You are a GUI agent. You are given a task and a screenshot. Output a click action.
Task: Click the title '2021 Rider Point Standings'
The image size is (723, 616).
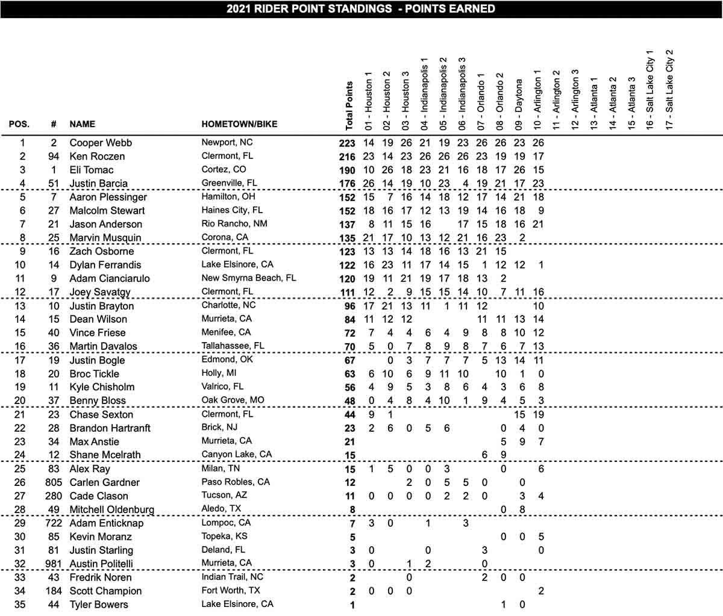[361, 8]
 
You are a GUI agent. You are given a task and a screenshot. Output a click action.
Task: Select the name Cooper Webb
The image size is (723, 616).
[100, 143]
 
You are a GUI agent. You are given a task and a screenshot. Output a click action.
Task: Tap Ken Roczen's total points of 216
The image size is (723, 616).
[348, 157]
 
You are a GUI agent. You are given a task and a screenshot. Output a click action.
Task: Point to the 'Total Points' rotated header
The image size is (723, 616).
[349, 105]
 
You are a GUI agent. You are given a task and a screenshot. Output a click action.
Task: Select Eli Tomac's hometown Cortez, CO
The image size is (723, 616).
[224, 169]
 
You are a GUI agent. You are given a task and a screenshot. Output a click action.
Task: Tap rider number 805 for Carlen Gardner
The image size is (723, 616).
[54, 482]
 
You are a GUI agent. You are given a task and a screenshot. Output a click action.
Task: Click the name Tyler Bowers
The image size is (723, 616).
[99, 605]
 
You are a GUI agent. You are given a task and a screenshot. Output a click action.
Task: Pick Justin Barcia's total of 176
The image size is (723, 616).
[348, 184]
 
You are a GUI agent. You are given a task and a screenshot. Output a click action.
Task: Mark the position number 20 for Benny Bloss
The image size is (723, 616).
[23, 400]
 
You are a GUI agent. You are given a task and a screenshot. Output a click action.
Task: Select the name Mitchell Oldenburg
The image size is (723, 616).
[111, 510]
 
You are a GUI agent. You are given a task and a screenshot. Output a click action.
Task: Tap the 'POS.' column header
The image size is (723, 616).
[18, 124]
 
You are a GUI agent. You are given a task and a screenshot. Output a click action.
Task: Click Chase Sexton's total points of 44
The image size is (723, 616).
[350, 415]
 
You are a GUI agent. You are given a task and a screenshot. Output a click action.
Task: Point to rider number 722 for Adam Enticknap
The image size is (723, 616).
[54, 523]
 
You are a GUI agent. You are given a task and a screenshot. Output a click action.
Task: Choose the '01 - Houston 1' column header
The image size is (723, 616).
[369, 99]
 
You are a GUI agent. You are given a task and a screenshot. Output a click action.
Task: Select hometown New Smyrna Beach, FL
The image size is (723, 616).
[248, 278]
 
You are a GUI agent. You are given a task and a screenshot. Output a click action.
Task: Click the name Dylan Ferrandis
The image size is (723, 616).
[105, 265]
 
